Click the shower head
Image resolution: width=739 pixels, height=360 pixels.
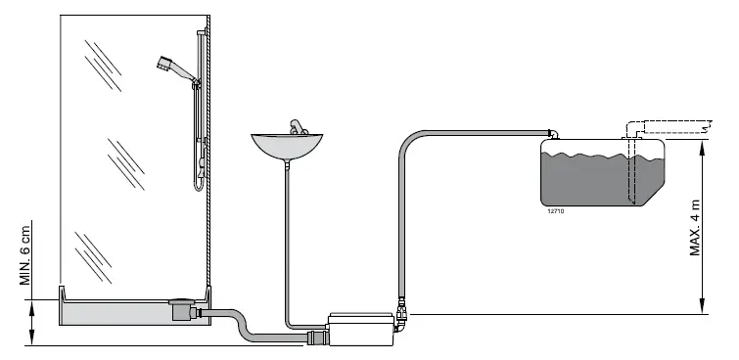[x=166, y=66]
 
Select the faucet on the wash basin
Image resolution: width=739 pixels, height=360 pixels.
[x=296, y=128]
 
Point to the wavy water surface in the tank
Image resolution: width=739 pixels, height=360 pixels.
[x=597, y=157]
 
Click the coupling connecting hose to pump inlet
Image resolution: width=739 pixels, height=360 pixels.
[x=316, y=337]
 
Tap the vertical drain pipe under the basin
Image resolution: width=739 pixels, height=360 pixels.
[x=286, y=245]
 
